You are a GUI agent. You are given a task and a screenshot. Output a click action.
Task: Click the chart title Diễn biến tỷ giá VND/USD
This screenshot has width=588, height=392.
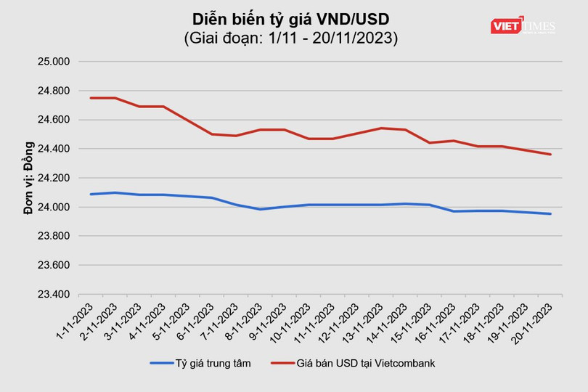tap(291, 18)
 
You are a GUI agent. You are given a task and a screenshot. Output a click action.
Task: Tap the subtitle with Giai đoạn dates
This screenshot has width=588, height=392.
tap(291, 38)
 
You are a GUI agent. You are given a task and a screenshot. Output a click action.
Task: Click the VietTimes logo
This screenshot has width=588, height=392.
tap(523, 26)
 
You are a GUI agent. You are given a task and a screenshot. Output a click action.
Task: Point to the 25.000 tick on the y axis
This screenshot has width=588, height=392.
tap(52, 62)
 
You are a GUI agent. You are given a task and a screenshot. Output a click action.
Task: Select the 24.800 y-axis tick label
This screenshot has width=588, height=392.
tap(52, 91)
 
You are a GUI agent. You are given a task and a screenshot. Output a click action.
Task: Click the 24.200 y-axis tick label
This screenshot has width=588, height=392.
tap(52, 178)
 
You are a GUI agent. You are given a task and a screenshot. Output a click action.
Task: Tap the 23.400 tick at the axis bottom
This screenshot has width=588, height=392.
tap(52, 295)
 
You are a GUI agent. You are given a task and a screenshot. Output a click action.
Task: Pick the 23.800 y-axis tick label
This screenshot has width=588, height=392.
tap(52, 237)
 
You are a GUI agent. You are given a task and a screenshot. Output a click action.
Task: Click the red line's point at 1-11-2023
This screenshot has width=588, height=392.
tap(91, 98)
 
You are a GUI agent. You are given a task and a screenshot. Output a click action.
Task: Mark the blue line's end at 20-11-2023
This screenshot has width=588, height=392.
tap(550, 213)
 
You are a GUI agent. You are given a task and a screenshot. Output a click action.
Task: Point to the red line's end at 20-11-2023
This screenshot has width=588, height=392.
tap(550, 154)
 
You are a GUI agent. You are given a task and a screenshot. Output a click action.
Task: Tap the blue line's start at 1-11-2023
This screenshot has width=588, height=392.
tap(91, 194)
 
